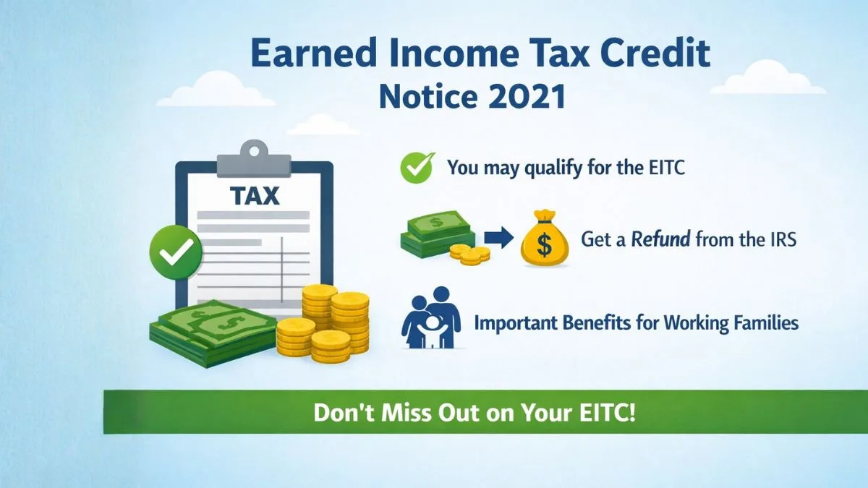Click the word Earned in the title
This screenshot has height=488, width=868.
314,53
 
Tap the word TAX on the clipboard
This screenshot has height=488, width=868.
255,196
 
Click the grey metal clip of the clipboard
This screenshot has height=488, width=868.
254,159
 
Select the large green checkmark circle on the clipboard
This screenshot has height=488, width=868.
176,252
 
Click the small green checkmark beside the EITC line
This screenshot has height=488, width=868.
417,167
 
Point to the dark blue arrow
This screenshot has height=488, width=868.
499,237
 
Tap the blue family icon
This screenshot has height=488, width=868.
431,317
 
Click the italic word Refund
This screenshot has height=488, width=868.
660,239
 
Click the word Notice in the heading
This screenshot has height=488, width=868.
425,96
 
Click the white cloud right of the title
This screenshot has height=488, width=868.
768,78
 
